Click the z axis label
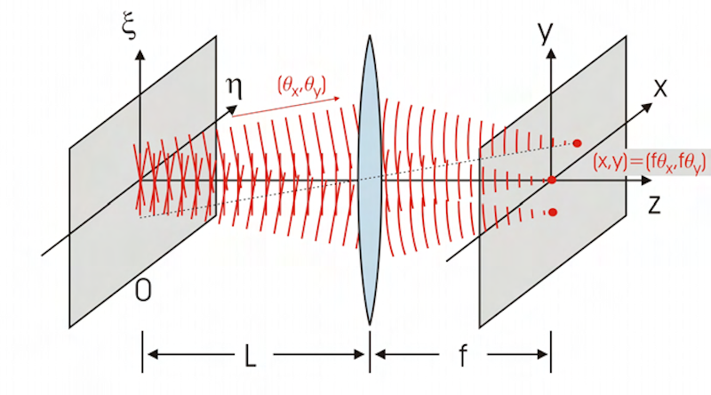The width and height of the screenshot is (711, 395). click(655, 205)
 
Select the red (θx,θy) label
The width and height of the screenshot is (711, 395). click(301, 85)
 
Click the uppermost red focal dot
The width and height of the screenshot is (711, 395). click(578, 142)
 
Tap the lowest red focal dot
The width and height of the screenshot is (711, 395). click(553, 212)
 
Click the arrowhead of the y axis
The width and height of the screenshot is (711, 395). click(551, 53)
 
